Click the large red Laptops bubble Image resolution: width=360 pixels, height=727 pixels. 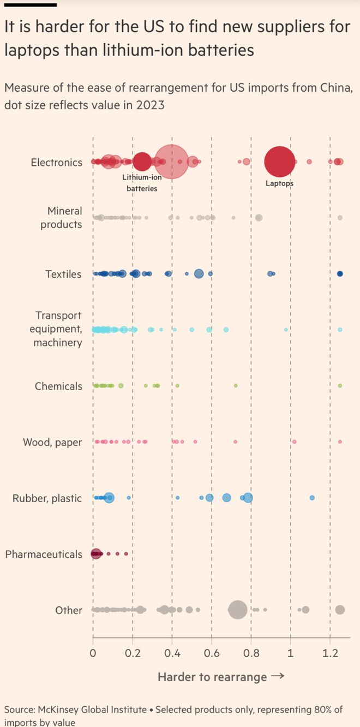coord(279,162)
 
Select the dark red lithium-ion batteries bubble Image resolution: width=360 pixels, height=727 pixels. coord(142,162)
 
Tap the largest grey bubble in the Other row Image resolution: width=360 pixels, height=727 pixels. coord(237,610)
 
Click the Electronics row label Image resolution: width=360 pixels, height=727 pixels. coord(57,162)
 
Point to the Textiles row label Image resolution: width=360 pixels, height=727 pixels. coord(63,274)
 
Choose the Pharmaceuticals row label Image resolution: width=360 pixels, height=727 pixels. coord(44,554)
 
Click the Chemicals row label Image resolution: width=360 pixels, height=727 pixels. coord(58,386)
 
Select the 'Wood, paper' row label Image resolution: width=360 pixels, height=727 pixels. coord(52,442)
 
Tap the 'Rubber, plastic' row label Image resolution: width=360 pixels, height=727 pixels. coord(47,498)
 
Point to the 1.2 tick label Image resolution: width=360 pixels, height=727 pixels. coord(330,652)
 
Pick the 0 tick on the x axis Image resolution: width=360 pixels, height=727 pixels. coord(93,652)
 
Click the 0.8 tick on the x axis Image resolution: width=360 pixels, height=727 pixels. coord(251,652)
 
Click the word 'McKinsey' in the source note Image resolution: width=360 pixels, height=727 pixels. coord(59,710)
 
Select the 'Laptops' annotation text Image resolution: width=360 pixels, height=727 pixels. coord(279,183)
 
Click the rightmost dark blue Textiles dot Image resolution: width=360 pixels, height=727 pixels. coord(340,273)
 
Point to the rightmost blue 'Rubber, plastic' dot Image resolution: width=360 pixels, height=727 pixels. coord(312,498)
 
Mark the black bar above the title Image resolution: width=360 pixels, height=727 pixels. coord(31,4)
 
